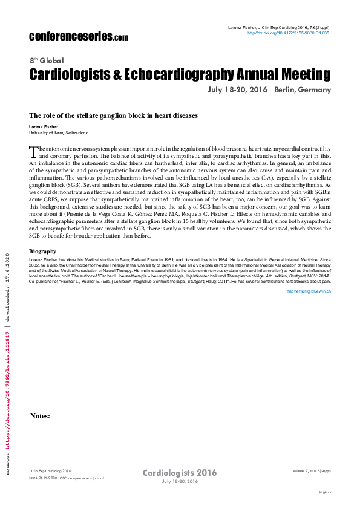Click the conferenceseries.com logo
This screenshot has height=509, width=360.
coord(79,36)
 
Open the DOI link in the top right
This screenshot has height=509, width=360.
coord(289,33)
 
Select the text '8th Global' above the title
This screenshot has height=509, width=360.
coord(47,61)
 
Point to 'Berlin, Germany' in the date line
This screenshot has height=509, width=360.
coord(303,90)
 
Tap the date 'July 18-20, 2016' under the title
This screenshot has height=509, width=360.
coord(237,90)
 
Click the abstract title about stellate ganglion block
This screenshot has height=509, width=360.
coord(113,115)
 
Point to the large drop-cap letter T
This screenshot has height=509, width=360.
coord(34,151)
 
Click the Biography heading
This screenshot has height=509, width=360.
coord(43,268)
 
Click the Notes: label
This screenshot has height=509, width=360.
coord(40,416)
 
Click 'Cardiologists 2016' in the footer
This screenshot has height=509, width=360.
coord(179,472)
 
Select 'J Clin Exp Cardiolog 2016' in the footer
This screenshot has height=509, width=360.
coord(50,470)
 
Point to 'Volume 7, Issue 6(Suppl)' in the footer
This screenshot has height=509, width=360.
coord(312,470)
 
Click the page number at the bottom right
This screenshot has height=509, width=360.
coord(325,493)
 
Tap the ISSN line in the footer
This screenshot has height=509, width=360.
coord(67,478)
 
